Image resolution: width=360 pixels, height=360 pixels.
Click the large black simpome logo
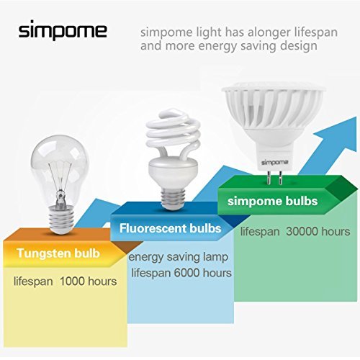(x=63, y=31)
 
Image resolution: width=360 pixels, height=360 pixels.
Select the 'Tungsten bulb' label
(x=58, y=253)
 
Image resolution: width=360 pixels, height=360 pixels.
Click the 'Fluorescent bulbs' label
(x=171, y=228)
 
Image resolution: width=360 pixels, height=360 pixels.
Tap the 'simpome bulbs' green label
(x=273, y=201)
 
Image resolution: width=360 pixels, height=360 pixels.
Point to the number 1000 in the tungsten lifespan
(x=71, y=281)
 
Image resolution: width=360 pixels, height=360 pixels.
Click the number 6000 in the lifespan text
(x=187, y=273)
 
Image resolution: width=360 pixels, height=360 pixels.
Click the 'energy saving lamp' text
(x=178, y=257)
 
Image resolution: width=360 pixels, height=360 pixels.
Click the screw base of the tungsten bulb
(x=60, y=219)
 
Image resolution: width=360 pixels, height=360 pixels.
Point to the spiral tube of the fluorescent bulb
(x=174, y=135)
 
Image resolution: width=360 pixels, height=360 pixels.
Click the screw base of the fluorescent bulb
(x=174, y=198)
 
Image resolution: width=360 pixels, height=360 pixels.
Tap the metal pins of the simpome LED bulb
(x=274, y=177)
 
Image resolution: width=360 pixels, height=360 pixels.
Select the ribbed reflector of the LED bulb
(x=273, y=108)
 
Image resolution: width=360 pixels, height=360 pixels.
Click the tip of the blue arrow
(x=356, y=117)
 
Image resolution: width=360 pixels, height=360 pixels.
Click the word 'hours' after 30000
(x=336, y=231)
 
